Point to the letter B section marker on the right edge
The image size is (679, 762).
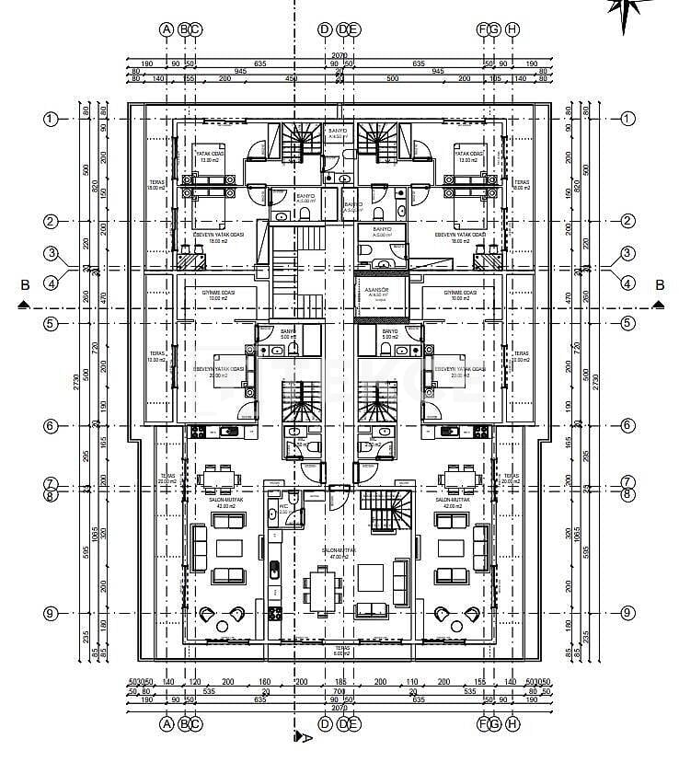pos(659,284)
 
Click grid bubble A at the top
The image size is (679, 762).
pos(167,29)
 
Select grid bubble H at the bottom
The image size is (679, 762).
pos(512,724)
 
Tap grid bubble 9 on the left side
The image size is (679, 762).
pos(51,613)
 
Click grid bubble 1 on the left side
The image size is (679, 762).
pos(51,119)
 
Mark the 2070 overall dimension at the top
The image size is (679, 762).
pos(339,56)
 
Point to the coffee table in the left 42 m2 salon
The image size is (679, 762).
pos(228,548)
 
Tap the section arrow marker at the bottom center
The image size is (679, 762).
pos(297,737)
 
